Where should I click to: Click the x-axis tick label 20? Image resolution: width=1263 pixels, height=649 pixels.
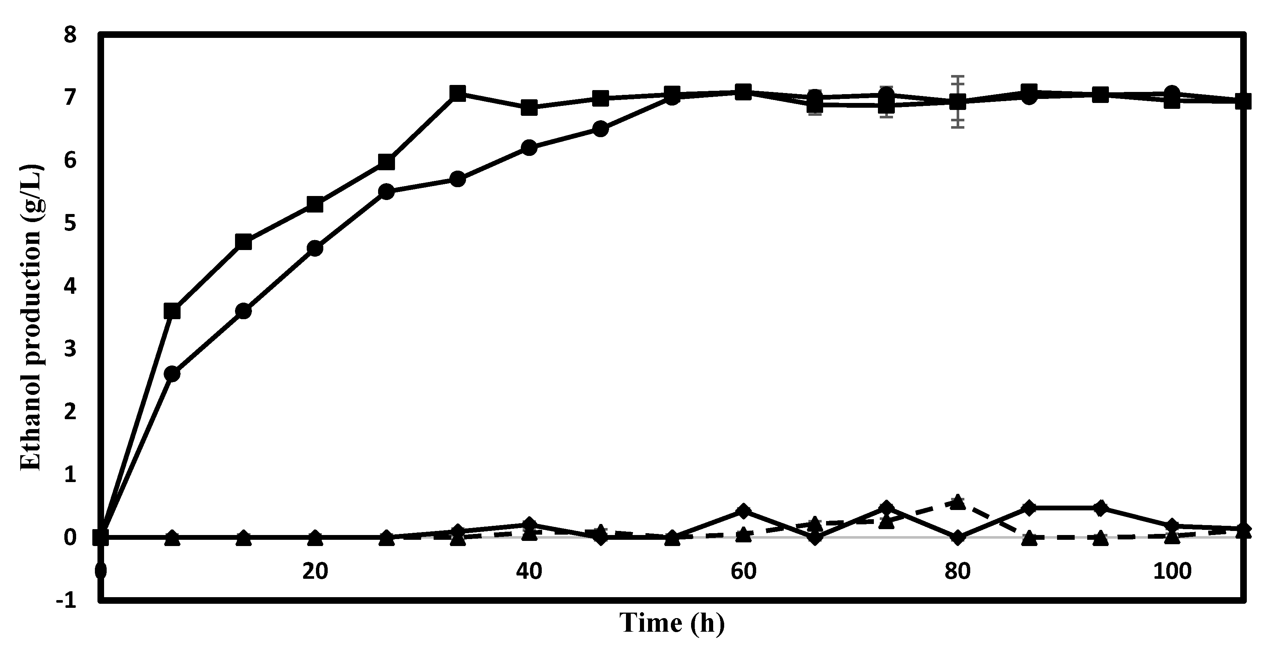[315, 571]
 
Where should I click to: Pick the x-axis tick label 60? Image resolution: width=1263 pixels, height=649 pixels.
[743, 571]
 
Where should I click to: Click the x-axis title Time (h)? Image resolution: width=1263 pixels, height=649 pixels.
[672, 623]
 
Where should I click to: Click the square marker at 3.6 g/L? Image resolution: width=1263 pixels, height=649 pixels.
[172, 311]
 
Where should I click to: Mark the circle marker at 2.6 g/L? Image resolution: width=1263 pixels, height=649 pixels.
[172, 374]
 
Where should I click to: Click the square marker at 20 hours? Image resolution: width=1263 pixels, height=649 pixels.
[315, 204]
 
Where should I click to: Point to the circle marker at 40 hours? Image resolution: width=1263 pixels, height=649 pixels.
[529, 147]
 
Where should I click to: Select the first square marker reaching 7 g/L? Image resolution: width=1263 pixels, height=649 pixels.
[458, 93]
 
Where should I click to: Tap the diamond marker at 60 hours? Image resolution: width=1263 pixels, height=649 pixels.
[743, 511]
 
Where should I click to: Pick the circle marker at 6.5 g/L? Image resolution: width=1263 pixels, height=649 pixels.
[601, 129]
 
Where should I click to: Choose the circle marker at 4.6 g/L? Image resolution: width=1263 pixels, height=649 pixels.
[315, 249]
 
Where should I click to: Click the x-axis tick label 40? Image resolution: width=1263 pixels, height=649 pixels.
[529, 571]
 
